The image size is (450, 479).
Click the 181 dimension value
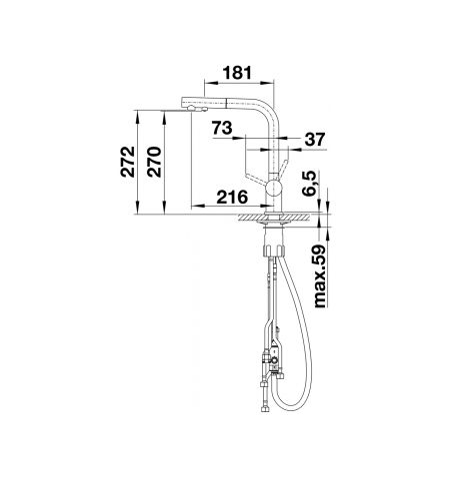point(237,73)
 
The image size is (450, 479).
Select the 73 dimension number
point(222,128)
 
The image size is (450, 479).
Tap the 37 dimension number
point(314,140)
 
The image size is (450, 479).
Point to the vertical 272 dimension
point(128,162)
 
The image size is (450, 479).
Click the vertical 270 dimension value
point(154,162)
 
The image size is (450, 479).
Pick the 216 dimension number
point(232,198)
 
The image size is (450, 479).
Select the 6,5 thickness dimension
point(308,184)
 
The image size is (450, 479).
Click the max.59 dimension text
point(319,276)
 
